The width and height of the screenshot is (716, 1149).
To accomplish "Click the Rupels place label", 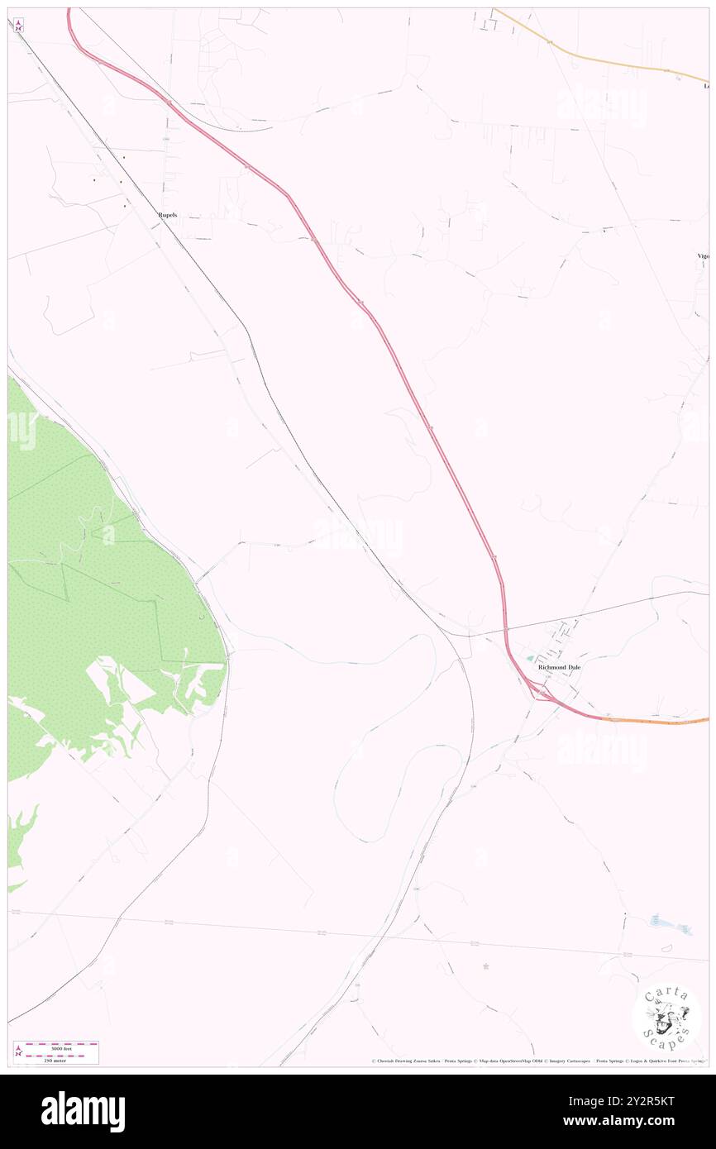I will [x=168, y=215].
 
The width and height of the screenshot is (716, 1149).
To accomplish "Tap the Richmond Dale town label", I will [x=559, y=666].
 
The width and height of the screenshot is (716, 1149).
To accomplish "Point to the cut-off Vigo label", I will [x=703, y=256].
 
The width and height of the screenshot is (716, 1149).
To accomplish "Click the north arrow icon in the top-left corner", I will [x=18, y=26].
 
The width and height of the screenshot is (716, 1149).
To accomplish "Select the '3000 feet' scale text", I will [x=61, y=1048].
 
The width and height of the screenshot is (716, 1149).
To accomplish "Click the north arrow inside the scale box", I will [x=19, y=1051].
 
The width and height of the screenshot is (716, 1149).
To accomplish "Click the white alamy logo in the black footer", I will [x=83, y=1112].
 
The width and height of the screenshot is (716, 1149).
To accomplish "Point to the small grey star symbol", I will [x=486, y=965].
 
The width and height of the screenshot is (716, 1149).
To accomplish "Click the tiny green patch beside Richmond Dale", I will [x=530, y=659].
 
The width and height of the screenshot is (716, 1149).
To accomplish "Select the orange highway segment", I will [x=653, y=721].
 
